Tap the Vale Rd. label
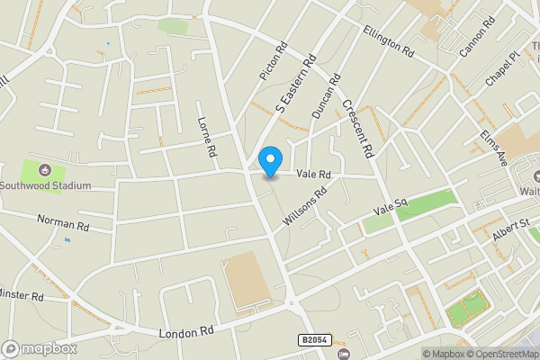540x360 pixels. point(314,173)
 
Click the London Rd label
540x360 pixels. point(187,332)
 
